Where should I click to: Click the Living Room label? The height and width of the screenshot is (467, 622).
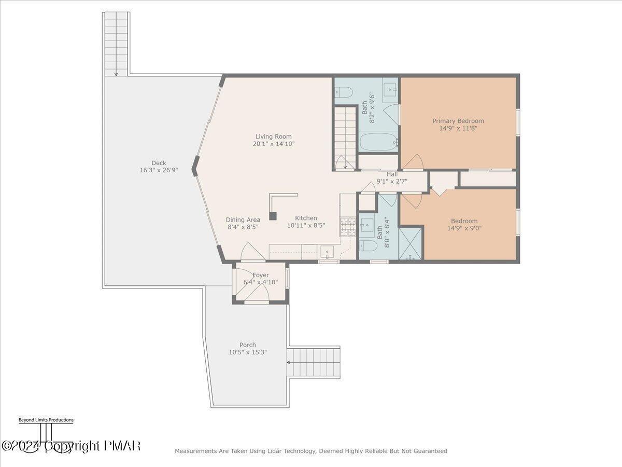274,136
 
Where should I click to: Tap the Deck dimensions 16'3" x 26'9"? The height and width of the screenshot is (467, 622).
159,170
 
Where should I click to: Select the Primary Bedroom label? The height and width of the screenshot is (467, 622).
458,121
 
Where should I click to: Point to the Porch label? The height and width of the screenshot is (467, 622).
248,345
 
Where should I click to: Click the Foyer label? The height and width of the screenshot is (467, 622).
261,275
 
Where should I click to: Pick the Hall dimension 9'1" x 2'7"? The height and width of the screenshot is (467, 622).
392,181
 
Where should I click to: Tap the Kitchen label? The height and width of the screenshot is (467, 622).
306,218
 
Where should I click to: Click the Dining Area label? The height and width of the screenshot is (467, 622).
243,219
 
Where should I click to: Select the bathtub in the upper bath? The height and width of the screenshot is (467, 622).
379,142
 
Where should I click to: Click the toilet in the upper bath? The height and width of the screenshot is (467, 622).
344,92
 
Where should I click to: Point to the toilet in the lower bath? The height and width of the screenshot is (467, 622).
368,245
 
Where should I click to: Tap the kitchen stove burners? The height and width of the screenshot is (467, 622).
348,227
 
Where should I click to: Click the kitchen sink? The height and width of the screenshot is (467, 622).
327,252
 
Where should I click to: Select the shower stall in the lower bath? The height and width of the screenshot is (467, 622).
410,243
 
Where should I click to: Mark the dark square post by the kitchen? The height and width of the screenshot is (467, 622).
273,216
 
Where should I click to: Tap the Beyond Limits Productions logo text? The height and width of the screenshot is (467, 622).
46,420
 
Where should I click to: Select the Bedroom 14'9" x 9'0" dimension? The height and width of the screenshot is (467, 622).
464,228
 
